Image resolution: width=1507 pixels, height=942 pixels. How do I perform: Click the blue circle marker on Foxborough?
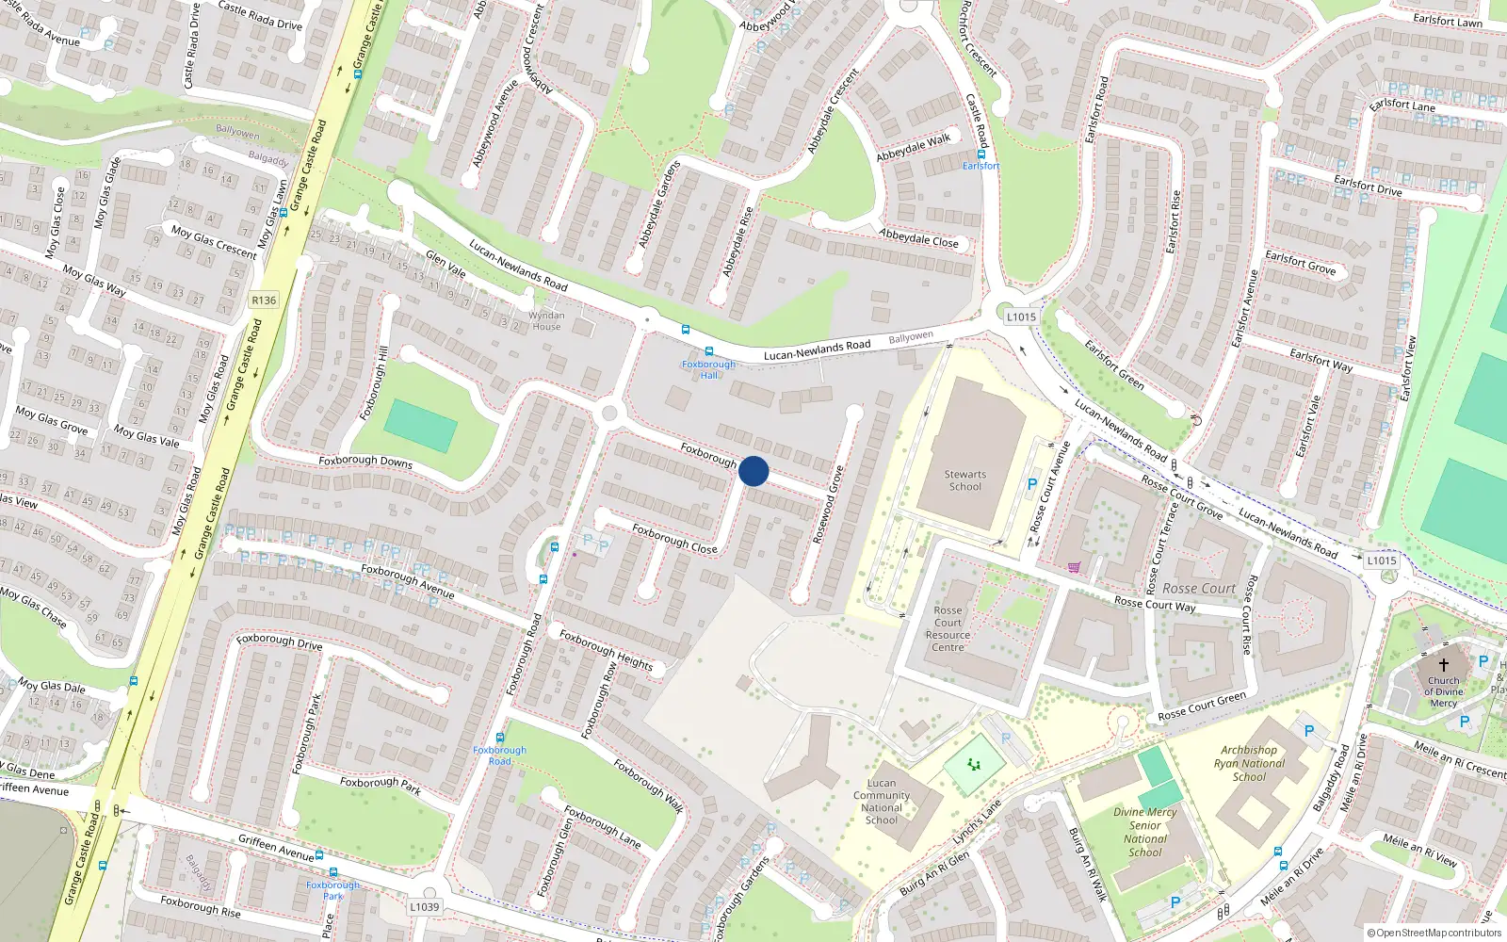pos(753,471)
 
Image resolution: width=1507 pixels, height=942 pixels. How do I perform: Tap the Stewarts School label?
pos(964,480)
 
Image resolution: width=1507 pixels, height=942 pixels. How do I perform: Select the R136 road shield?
pos(264,300)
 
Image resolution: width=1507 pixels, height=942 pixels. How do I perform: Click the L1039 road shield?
pos(424,907)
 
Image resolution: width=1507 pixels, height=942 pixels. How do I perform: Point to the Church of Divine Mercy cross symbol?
pos(1443,664)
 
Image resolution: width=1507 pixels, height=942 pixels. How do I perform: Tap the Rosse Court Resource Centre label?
pos(948,628)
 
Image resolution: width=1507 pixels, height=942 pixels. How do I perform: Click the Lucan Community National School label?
pos(882,802)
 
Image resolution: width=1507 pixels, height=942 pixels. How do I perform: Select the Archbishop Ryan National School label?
pos(1249,764)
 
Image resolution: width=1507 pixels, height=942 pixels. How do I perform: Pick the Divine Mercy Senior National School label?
pos(1144,832)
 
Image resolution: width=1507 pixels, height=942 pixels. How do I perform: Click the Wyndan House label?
pos(546,321)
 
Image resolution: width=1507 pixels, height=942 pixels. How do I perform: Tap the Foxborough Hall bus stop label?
pos(708,369)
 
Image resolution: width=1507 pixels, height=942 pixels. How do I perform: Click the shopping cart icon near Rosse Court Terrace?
pos(1074,567)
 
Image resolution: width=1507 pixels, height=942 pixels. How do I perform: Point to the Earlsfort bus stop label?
pos(980,166)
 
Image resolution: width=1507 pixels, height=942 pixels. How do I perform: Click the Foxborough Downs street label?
pos(365,462)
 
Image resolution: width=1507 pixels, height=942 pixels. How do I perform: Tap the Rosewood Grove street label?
pos(828,505)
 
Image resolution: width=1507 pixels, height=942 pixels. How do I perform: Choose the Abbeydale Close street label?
pos(918,238)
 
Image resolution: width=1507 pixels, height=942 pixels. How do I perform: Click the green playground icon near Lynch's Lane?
pos(974,765)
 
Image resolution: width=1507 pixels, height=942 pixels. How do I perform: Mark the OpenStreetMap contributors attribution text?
pos(1434,933)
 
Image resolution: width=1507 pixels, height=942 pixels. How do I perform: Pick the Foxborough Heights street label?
pos(606,649)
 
